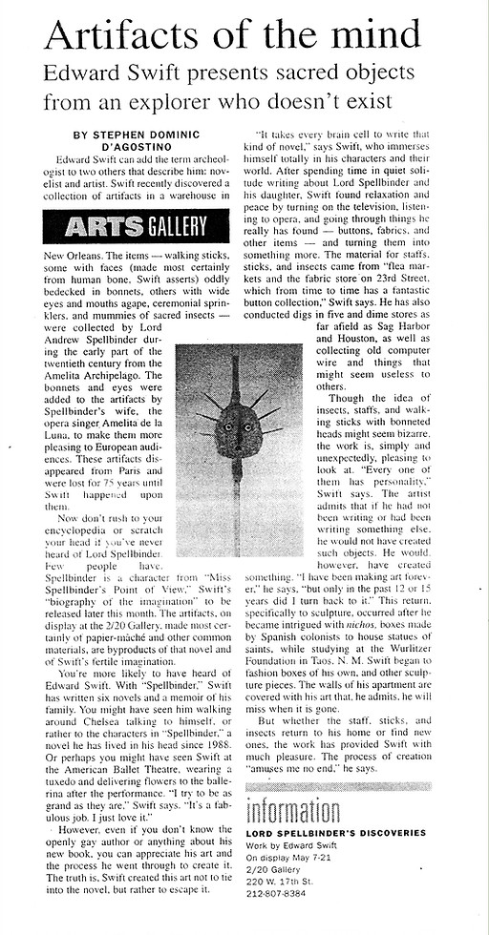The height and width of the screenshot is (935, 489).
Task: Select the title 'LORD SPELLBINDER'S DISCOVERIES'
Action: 335,833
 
